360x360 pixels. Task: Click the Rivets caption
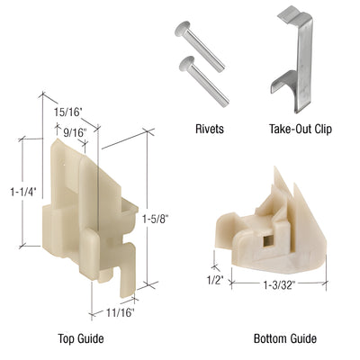tap(209, 129)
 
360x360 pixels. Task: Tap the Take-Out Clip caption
tap(301, 129)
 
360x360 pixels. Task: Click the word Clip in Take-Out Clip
tap(321, 129)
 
